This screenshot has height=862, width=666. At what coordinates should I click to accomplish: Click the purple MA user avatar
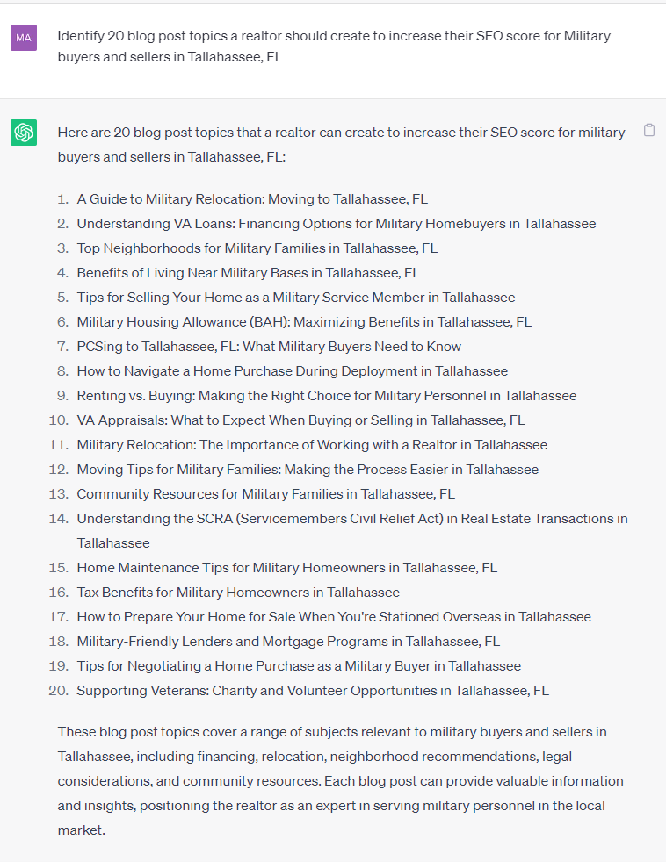(24, 38)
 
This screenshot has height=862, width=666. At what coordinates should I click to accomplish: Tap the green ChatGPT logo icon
(24, 133)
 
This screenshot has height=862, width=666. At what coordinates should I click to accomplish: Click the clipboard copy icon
(649, 131)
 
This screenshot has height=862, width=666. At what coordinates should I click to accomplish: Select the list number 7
(63, 347)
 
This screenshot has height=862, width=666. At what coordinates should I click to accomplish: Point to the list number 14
(59, 519)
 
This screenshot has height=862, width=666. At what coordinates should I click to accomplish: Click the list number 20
(58, 691)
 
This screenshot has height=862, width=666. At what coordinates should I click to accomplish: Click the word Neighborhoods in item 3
(148, 248)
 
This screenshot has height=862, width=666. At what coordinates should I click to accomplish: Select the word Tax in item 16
(88, 593)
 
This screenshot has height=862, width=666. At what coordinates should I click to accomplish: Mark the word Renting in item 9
(101, 396)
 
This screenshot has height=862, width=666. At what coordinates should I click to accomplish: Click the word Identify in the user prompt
(80, 36)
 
